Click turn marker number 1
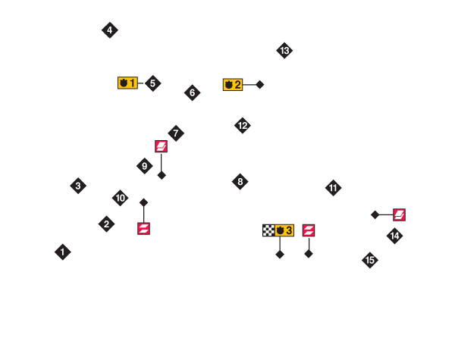tap(63, 252)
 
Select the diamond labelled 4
tap(109, 30)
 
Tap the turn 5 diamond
tap(152, 83)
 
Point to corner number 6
tap(193, 92)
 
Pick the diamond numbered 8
tap(240, 182)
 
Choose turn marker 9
tap(145, 166)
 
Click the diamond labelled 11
tap(334, 188)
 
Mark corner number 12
tap(243, 126)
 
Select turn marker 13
tap(284, 51)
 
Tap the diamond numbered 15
tap(370, 260)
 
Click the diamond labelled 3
tap(78, 186)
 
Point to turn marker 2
tap(107, 224)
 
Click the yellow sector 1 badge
tap(127, 83)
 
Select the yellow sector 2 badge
tap(233, 84)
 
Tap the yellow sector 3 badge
tap(284, 230)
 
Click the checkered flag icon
tap(268, 230)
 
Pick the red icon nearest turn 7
tap(161, 146)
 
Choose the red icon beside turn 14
tap(399, 214)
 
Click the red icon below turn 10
tap(143, 228)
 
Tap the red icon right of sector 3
tap(309, 230)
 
